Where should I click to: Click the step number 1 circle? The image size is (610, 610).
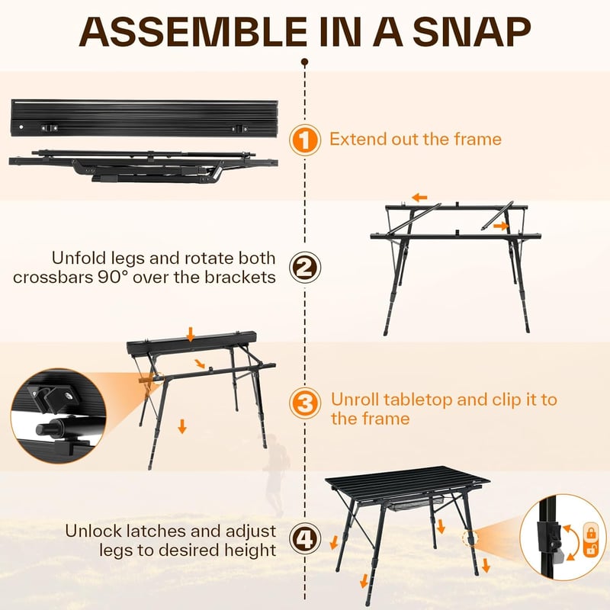point(305,140)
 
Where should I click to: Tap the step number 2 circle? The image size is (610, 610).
point(305,268)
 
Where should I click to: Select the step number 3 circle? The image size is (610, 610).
point(305,403)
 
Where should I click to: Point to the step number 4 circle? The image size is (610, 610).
point(305,539)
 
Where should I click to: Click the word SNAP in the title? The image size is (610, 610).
point(471,32)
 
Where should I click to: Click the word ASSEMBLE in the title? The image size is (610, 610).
point(193,32)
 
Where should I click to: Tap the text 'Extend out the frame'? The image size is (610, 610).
point(416,139)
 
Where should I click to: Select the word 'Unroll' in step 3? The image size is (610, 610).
point(354,400)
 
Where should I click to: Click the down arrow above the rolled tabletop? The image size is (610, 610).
point(190,334)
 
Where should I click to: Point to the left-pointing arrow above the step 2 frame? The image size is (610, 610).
point(419,197)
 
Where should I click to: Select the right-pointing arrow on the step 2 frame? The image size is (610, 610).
point(501,226)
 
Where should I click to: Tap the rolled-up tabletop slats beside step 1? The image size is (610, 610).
point(144,118)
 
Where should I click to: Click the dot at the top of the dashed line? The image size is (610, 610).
point(305,62)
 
